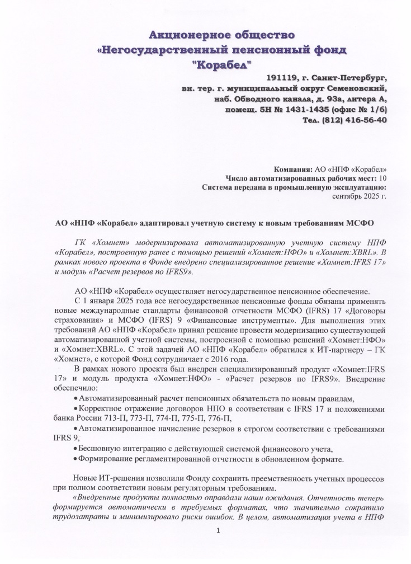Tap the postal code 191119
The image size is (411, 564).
pyautogui.click(x=283, y=78)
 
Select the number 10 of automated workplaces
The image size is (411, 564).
pyautogui.click(x=382, y=178)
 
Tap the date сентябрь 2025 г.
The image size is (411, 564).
pyautogui.click(x=360, y=196)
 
